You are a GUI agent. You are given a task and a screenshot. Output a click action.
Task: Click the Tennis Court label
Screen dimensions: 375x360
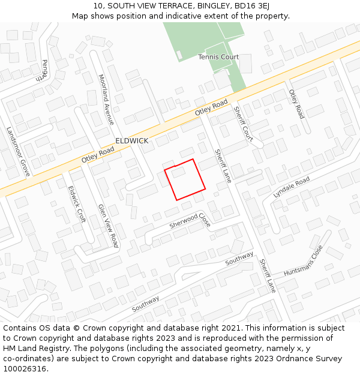pos(218,57)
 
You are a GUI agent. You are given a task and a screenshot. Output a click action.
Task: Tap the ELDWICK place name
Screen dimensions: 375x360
pos(131,140)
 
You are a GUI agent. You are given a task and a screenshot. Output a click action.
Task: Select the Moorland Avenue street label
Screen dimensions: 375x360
pos(106,100)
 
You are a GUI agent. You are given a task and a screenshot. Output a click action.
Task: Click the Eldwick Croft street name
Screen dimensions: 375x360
pos(77,204)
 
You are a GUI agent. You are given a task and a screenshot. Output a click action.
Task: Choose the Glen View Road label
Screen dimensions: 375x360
pos(108,226)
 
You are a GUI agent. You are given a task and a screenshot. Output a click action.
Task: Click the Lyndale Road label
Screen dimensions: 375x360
pos(291,187)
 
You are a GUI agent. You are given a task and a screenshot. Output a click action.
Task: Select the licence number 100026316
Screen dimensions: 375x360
pos(25,369)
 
